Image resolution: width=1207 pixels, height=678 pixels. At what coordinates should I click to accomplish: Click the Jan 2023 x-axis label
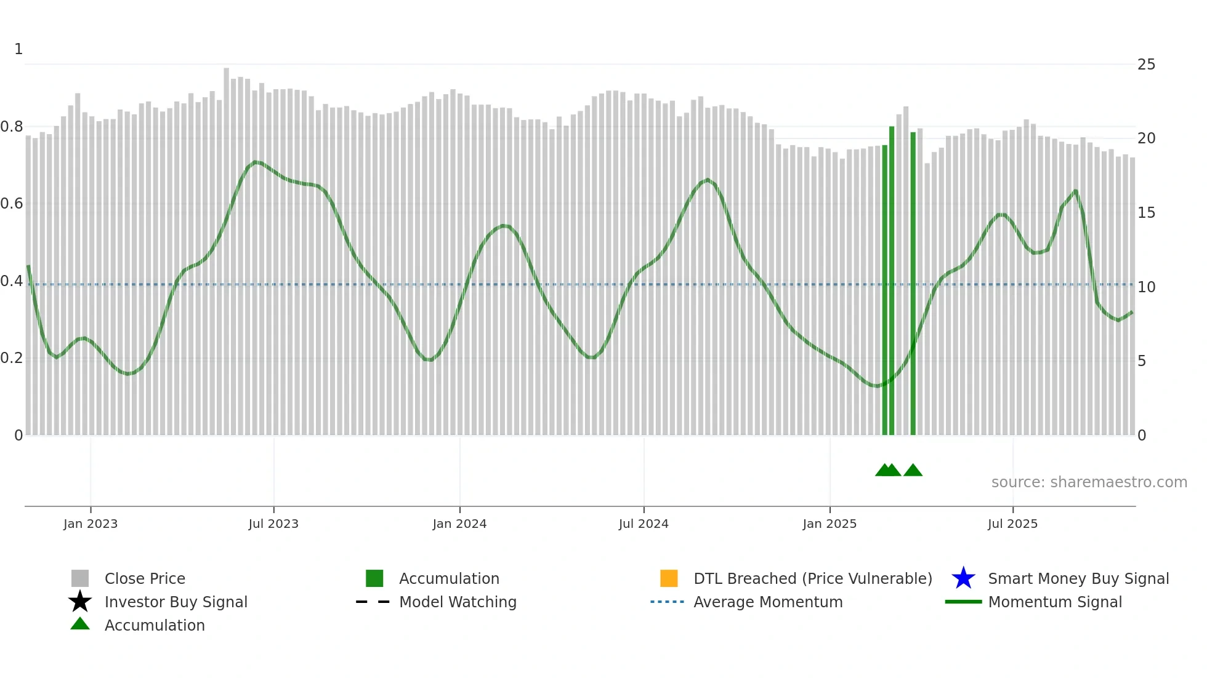pos(91,524)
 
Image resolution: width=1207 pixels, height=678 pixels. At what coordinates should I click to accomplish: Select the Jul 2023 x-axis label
pos(273,524)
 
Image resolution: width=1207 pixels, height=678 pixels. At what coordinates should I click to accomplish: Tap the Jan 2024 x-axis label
pos(459,524)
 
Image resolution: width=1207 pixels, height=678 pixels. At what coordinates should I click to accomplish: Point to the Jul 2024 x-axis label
pos(644,524)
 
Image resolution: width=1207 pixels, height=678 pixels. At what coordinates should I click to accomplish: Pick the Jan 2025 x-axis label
pos(830,524)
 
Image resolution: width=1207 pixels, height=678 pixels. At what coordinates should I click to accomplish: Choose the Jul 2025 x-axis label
pos(1012,524)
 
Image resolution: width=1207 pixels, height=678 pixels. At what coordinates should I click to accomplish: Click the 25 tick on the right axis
pos(1146,65)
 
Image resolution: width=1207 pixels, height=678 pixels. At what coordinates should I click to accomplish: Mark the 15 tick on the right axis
pos(1146,213)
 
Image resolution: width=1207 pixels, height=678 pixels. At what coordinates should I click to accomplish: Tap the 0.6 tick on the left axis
pos(12,204)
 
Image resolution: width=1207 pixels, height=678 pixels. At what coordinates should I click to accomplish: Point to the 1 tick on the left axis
pos(18,49)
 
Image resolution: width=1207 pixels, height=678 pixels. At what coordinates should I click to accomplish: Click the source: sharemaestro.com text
pos(1089,482)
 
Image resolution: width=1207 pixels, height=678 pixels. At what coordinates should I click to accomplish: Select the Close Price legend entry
pos(144,578)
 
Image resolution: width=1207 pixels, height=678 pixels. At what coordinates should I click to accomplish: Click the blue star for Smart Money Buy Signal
pos(963,578)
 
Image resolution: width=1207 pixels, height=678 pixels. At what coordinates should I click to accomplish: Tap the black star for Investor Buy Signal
pos(80,602)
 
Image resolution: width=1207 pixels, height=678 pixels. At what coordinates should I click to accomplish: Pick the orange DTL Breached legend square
pos(669,578)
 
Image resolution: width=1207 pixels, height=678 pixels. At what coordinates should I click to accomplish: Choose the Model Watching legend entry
pos(457,602)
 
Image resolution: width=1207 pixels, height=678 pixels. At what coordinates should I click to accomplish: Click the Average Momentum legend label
pos(768,602)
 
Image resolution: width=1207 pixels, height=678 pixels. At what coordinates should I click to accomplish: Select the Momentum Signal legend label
pos(1055,602)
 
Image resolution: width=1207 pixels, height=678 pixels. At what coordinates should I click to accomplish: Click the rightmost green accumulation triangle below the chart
pos(913,471)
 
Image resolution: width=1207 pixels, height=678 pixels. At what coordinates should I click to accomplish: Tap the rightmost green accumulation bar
pos(913,283)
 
